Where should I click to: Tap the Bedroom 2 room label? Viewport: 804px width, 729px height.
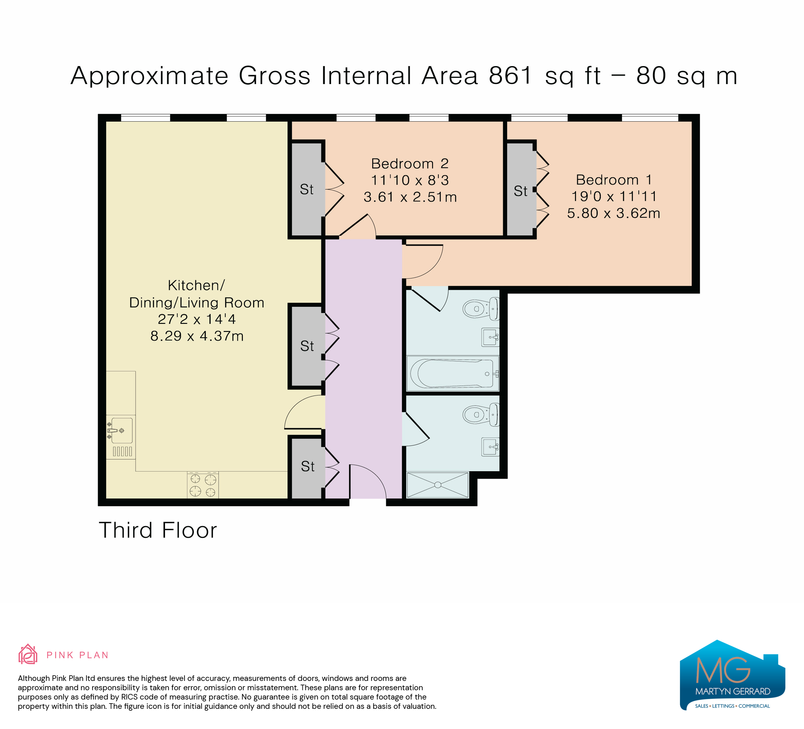(x=410, y=163)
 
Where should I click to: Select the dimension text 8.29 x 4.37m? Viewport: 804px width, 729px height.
(x=197, y=336)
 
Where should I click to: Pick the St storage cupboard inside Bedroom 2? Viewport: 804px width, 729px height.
(x=307, y=189)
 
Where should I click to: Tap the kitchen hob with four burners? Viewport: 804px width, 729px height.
(x=203, y=485)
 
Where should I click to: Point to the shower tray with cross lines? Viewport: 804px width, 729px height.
(x=437, y=485)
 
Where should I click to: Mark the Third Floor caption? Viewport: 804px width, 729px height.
(x=158, y=530)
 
